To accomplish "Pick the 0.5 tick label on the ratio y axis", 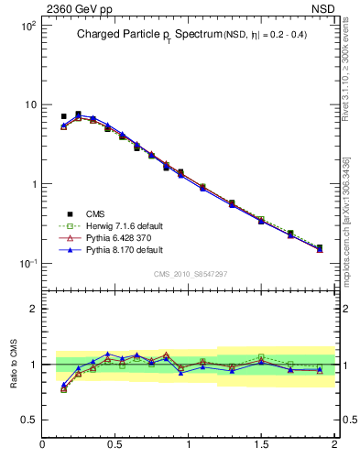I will pos(28,420).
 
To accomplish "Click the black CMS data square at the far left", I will pos(63,116).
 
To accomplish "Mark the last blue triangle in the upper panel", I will pos(320,249).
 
